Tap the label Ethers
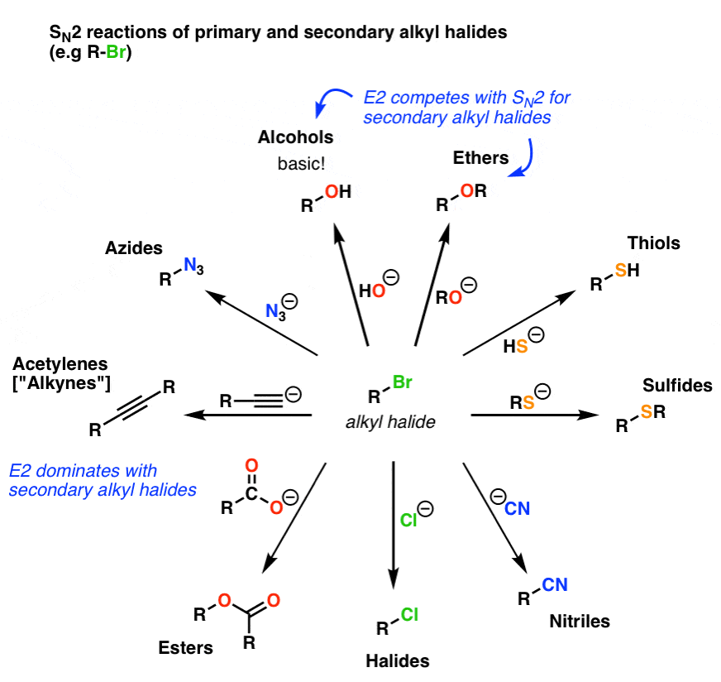480,157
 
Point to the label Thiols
652,243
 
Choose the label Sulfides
677,386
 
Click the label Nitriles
580,621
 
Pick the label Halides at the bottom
398,660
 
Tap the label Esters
187,648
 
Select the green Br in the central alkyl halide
402,384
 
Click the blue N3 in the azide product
192,267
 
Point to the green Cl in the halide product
411,614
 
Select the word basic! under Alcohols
301,161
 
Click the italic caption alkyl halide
390,422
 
